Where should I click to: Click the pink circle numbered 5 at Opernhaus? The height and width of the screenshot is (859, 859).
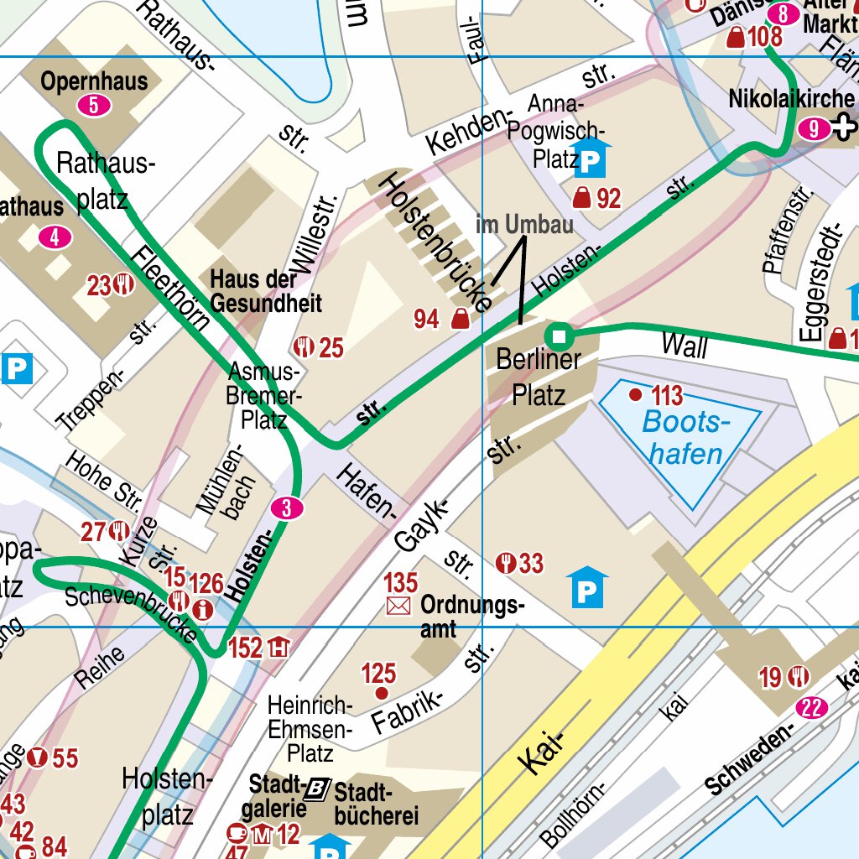coord(94,106)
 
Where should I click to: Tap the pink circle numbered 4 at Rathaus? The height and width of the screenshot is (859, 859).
coord(55,238)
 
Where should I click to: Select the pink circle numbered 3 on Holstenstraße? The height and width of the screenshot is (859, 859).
coord(287,508)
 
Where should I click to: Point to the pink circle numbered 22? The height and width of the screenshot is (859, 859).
coord(811,708)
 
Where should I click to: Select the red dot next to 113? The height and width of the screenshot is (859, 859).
coord(635,394)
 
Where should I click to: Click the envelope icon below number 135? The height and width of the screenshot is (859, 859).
coord(399,606)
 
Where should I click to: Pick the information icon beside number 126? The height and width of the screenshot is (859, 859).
coord(202,610)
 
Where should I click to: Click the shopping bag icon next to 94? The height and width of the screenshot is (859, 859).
coord(460,319)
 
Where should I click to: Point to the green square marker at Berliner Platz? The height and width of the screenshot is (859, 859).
coord(560,337)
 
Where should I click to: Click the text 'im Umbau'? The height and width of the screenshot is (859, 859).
coord(524,225)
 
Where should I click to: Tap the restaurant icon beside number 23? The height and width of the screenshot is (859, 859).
coord(125,285)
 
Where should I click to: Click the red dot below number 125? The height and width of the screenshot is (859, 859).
coord(382,693)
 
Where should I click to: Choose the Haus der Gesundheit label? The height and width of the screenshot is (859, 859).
coord(266,291)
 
